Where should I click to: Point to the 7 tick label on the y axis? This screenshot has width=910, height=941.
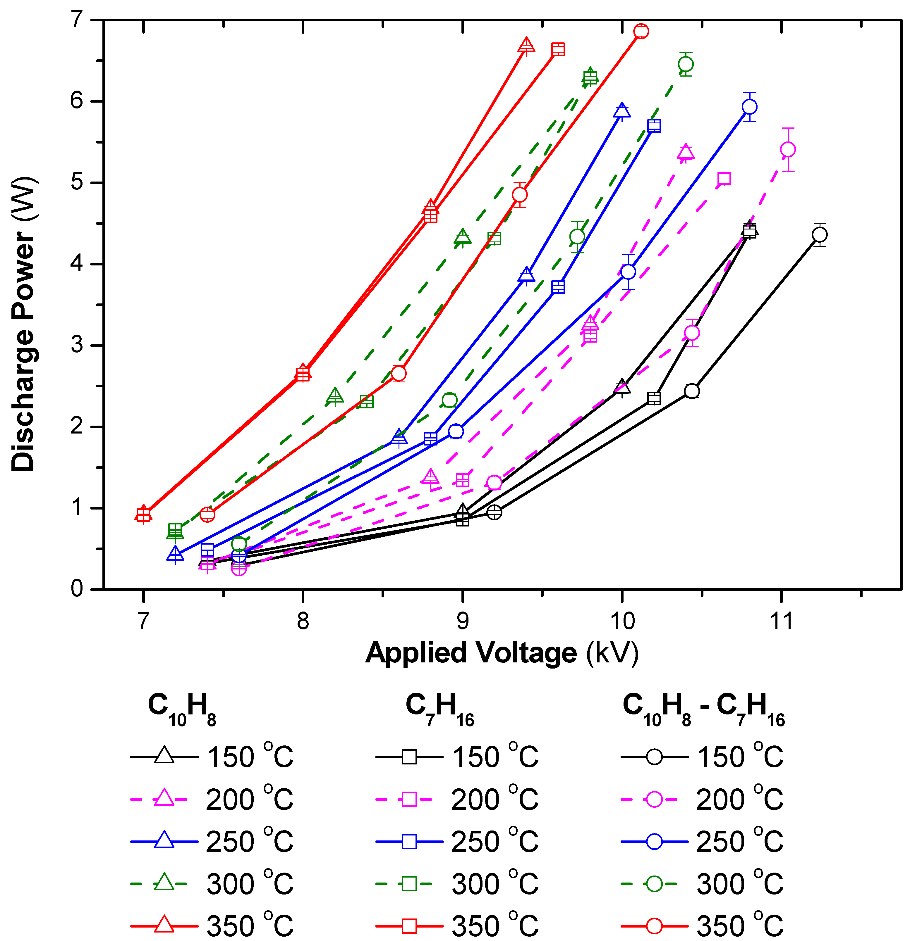(77, 20)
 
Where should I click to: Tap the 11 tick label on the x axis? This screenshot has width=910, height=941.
(781, 621)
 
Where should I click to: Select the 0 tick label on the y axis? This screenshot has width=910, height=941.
(77, 589)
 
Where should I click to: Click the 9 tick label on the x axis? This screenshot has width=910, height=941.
(462, 621)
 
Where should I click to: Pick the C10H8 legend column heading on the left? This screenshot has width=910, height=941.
(182, 709)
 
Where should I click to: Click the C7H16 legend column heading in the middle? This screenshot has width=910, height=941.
(439, 709)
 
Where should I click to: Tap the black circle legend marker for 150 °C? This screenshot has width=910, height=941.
(654, 757)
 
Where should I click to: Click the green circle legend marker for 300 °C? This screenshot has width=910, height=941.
(654, 883)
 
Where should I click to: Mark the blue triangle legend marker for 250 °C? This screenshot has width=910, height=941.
(164, 841)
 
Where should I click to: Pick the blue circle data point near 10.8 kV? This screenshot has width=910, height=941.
(750, 107)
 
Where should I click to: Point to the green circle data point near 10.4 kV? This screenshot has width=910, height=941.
(686, 64)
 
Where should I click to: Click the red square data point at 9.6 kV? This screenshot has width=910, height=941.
(558, 49)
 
